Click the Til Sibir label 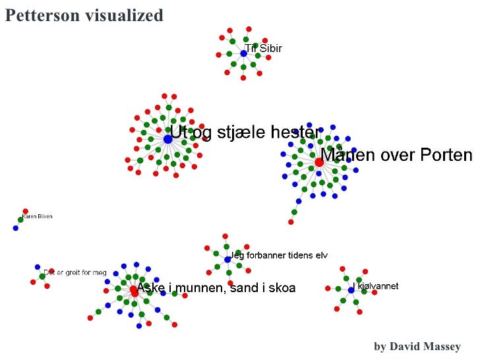coord(264,48)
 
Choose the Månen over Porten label coord(396,155)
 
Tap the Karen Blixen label coord(37,216)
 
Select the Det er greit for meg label coord(75,272)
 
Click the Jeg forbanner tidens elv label coord(278,255)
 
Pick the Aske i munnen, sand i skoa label coord(216,287)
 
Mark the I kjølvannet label coord(376,286)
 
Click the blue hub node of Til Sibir coord(243,53)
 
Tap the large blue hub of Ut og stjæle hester coord(167,139)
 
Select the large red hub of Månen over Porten coord(318,162)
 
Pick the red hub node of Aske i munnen coord(133,289)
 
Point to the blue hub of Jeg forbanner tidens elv coord(227,260)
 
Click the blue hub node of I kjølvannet coord(351,290)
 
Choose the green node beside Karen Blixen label coord(20,220)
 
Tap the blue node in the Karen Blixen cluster coord(15,228)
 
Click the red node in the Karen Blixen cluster coord(26,211)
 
